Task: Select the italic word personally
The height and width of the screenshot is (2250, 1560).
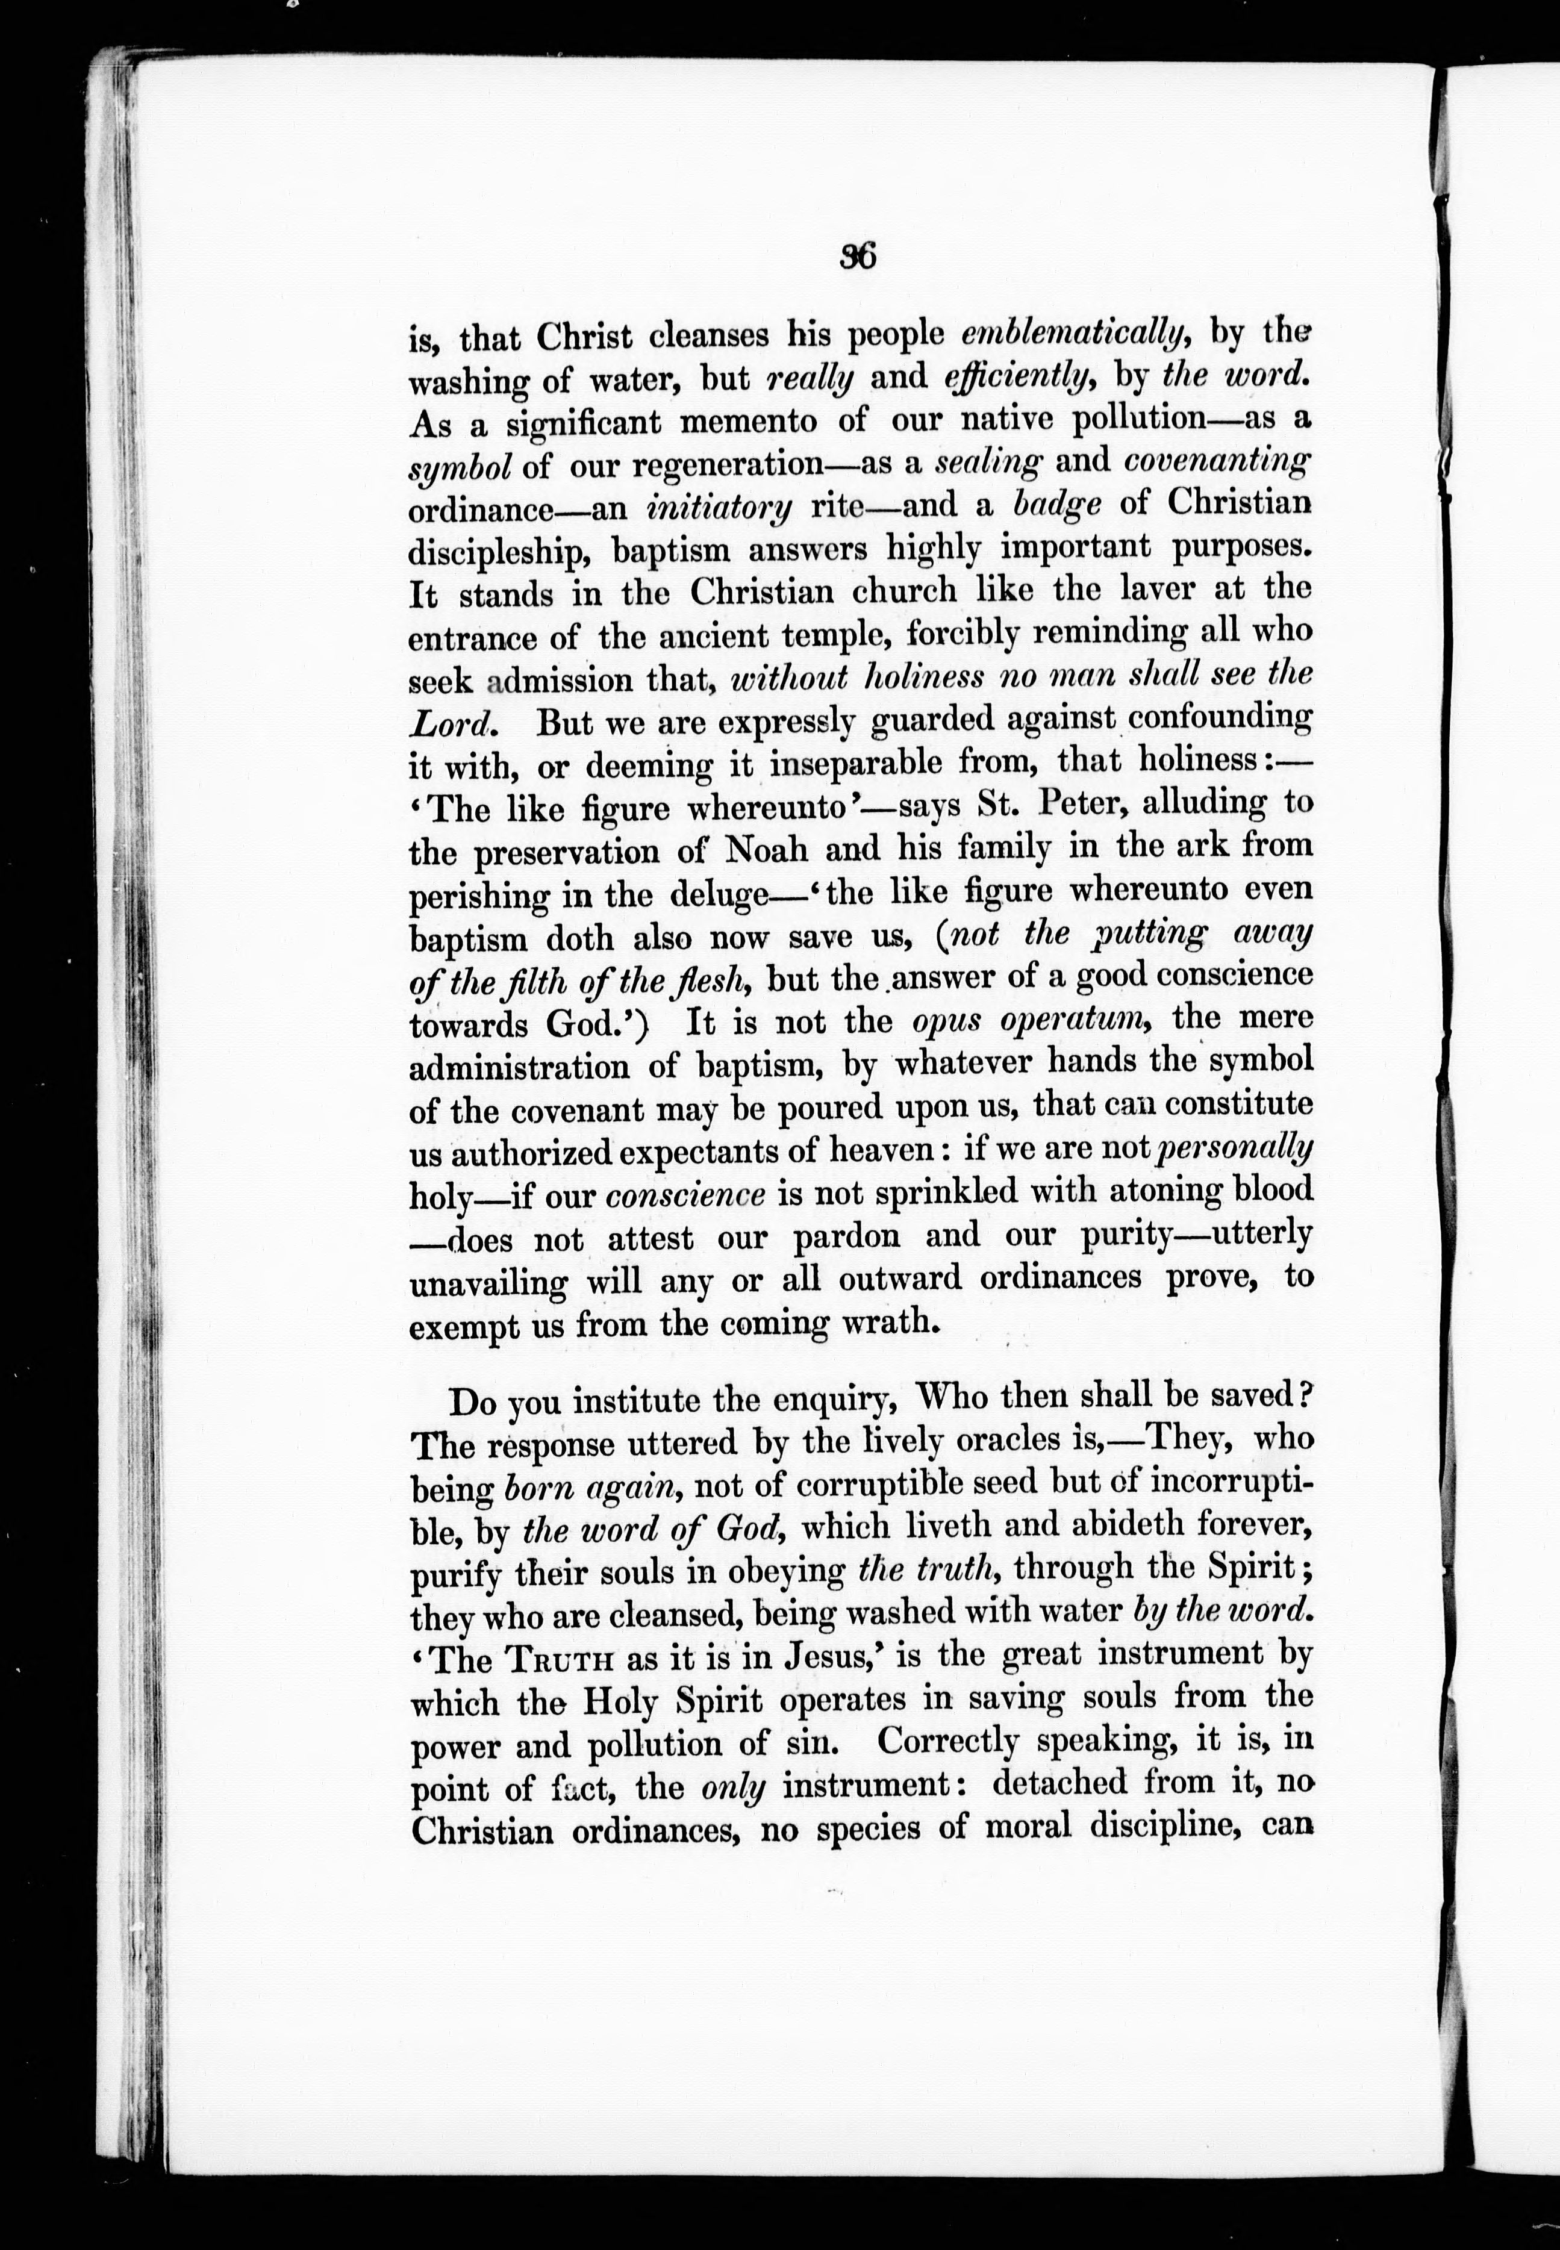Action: coord(1234,1150)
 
